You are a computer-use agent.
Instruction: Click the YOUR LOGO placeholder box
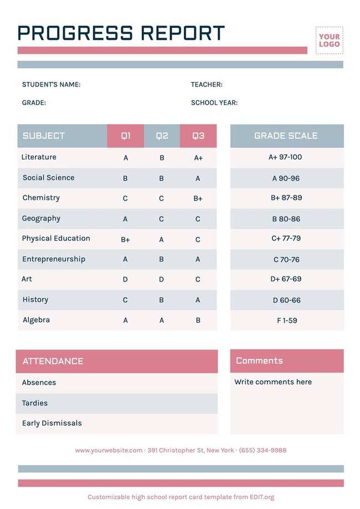coord(329,40)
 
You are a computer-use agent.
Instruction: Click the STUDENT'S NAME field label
coord(51,85)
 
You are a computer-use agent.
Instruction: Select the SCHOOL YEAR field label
coord(214,103)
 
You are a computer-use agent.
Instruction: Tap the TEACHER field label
coord(207,85)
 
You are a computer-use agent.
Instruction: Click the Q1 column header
coord(126,136)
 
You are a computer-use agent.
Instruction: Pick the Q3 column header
coord(198,136)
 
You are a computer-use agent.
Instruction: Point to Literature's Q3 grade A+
coord(198,158)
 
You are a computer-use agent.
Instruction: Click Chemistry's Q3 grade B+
coord(198,198)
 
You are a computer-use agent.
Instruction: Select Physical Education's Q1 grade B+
coord(125,239)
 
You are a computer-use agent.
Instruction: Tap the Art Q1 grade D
coord(125,280)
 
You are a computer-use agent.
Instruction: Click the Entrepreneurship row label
coord(54,259)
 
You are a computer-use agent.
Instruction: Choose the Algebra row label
coord(36,320)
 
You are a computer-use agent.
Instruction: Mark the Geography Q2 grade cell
coord(162,219)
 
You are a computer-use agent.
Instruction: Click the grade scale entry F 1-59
coord(286,320)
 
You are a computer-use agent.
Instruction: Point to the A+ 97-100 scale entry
coord(285,157)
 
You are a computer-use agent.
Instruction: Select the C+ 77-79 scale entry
coord(286,239)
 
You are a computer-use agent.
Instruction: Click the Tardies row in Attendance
coord(35,403)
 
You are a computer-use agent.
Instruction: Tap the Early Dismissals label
coord(52,423)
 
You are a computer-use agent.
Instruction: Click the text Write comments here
coord(272,382)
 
